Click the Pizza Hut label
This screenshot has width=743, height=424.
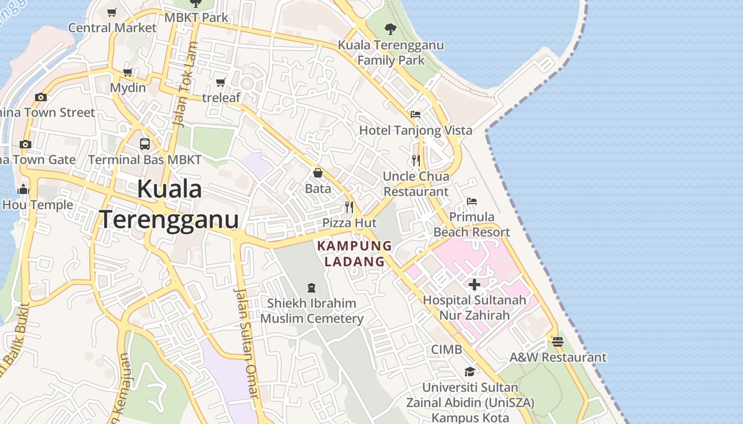[x=350, y=223]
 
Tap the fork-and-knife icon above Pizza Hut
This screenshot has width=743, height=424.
[x=349, y=207]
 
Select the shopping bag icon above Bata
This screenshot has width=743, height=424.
[x=317, y=173]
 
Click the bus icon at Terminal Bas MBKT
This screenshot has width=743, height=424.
[x=145, y=144]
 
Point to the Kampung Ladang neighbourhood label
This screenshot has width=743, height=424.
[x=355, y=254]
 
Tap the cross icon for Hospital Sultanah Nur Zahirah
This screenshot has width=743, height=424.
[x=474, y=285]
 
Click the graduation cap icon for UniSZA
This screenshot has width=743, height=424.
[x=470, y=372]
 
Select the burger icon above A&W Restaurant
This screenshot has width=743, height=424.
[x=557, y=342]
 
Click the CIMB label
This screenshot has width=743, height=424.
[x=446, y=350]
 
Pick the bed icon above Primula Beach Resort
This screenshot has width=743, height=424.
[x=471, y=201]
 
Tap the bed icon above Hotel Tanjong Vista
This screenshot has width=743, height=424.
[x=416, y=114]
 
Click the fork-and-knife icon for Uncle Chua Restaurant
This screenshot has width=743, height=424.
[x=416, y=160]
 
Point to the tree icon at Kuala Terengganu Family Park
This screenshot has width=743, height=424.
[x=391, y=29]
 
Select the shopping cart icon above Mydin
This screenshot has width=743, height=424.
[x=127, y=72]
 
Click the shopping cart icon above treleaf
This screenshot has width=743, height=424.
[x=221, y=82]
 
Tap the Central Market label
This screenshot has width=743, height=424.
[x=113, y=28]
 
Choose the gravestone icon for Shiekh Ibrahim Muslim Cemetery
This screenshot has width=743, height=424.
[x=312, y=288]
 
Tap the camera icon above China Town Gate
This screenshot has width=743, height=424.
[x=25, y=144]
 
